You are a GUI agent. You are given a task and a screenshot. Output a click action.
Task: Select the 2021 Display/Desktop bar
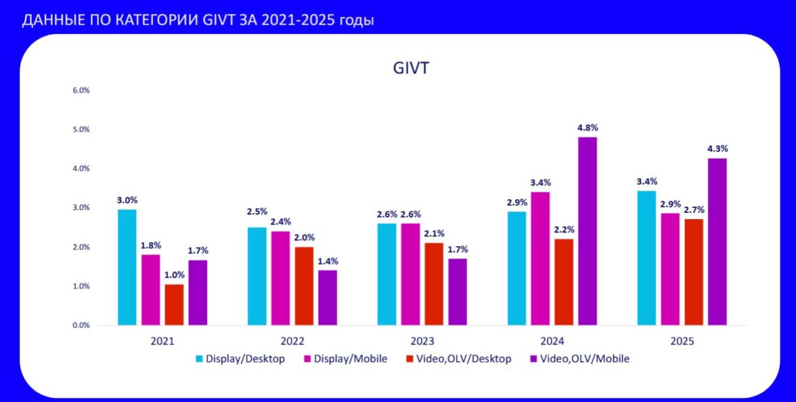point(127,267)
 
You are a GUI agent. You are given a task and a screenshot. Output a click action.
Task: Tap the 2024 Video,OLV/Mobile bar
point(588,231)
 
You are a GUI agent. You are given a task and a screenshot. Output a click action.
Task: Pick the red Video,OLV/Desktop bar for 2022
point(304,286)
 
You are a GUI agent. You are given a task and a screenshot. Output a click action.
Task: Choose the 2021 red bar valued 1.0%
point(174,304)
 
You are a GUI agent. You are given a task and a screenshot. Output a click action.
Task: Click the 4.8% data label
point(588,127)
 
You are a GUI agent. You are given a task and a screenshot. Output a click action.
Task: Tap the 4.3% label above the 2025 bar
point(717,148)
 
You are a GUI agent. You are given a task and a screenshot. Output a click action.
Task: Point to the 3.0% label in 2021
point(127,200)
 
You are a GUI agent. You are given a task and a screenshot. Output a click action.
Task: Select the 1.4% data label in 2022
point(328,261)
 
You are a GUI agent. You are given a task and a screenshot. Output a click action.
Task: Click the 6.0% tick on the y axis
point(81,90)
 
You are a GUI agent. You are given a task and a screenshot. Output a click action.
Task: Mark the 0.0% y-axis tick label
point(81,325)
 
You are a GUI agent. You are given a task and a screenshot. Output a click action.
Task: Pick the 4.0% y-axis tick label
point(81,169)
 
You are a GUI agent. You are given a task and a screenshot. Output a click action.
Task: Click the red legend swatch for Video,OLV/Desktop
point(409,359)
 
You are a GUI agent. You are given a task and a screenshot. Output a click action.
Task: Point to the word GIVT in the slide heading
point(213,20)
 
